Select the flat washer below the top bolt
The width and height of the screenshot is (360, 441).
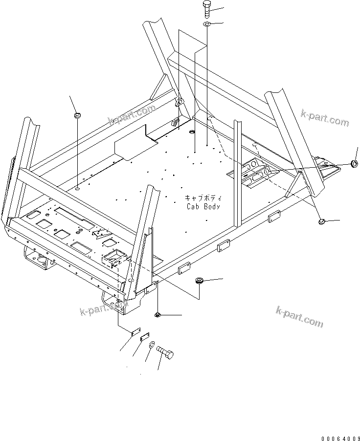207,24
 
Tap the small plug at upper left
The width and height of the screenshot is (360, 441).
77,115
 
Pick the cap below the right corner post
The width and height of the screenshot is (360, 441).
322,222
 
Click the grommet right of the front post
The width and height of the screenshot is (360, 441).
199,281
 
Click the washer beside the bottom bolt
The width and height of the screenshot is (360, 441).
152,345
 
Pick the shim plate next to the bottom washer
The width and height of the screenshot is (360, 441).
144,337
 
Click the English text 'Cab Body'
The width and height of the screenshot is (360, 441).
203,206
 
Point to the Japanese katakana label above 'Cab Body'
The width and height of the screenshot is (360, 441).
203,198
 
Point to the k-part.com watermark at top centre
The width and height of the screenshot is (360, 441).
132,116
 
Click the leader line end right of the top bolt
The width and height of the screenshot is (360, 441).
223,8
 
